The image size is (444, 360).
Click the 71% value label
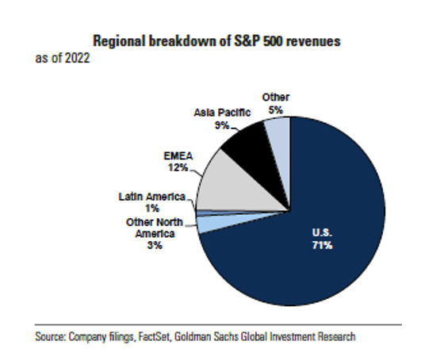(x=322, y=245)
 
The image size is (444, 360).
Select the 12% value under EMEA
(x=178, y=167)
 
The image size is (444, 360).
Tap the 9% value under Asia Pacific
(x=222, y=125)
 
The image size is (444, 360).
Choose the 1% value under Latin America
(x=152, y=209)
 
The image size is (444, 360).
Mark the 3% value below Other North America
(x=155, y=245)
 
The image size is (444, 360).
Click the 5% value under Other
(x=276, y=109)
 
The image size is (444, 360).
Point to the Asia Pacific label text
(x=222, y=113)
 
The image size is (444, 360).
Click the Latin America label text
(x=152, y=197)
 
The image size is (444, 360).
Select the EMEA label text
(x=178, y=156)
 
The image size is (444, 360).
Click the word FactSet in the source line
(x=154, y=337)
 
